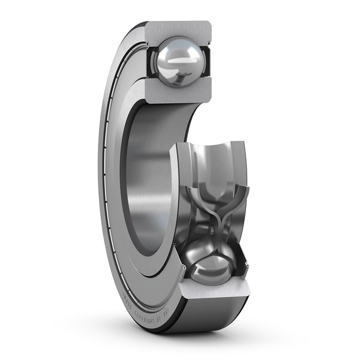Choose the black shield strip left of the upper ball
click(149, 61)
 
